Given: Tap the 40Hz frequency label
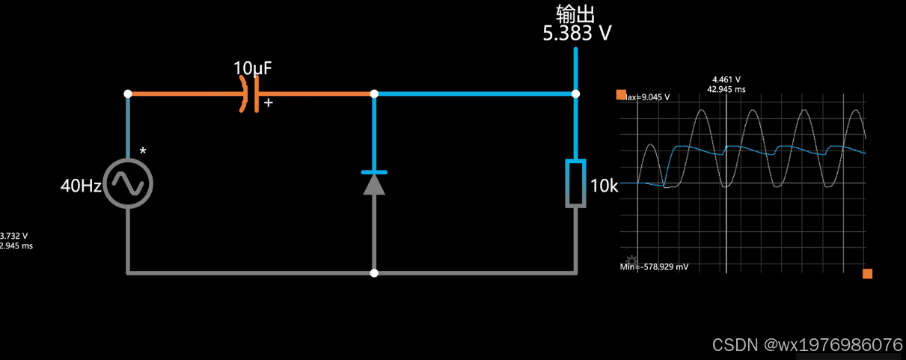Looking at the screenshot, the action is click(80, 186).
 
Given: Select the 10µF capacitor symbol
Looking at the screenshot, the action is click(251, 94).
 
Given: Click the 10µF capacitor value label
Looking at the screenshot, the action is click(253, 68).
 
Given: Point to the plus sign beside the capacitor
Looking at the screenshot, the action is click(268, 103).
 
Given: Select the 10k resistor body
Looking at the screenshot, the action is click(575, 183).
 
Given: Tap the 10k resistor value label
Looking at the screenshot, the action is click(604, 186).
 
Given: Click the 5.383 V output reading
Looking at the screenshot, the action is click(578, 33).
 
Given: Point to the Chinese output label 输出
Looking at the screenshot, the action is click(575, 13).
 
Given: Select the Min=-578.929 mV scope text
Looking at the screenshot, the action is click(654, 266).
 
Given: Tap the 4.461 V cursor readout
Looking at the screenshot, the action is click(726, 79).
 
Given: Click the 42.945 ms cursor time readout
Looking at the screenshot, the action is click(726, 89).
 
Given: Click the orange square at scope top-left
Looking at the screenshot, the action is click(621, 94).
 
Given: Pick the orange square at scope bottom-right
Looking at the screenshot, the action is click(867, 274).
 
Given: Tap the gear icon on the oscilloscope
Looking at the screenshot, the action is click(631, 260).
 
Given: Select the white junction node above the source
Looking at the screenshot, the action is click(128, 94).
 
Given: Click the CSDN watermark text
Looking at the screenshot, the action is click(807, 345).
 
